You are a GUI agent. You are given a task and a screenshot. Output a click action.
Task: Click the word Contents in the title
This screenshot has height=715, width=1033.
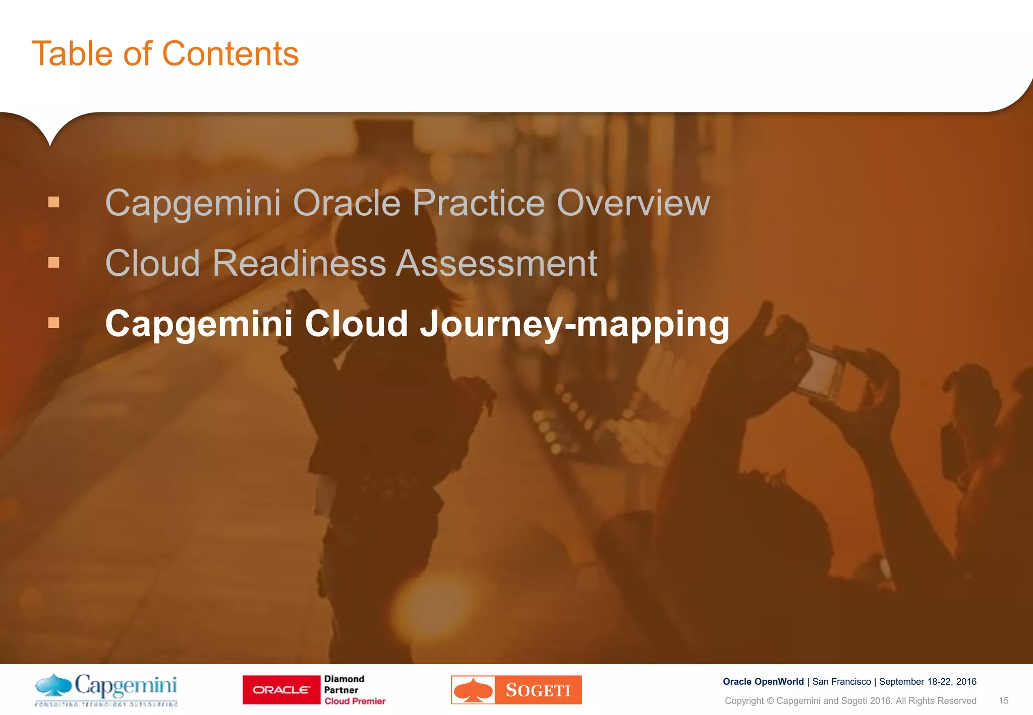click(x=231, y=54)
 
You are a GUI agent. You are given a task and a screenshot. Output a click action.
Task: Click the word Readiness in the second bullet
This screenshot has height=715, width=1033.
click(x=298, y=263)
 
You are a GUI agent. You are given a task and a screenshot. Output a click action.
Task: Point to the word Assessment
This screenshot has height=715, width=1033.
click(x=496, y=263)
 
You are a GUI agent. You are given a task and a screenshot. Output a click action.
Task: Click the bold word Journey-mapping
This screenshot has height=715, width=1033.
click(x=575, y=324)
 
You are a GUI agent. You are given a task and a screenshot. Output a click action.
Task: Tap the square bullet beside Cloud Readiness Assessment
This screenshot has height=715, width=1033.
click(x=54, y=263)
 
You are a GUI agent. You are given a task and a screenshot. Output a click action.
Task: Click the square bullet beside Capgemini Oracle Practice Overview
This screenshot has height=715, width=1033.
click(x=54, y=203)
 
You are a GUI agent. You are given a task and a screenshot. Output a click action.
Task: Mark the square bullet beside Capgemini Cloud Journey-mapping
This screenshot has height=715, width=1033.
click(x=54, y=323)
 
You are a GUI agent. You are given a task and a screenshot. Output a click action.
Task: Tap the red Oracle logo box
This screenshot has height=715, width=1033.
click(x=281, y=690)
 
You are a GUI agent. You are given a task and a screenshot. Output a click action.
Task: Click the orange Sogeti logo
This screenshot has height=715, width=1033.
click(x=516, y=690)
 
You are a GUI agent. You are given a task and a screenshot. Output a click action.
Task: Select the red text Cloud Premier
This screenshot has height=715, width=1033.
click(x=355, y=701)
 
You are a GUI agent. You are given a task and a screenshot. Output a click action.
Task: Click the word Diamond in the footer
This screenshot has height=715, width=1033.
click(x=344, y=679)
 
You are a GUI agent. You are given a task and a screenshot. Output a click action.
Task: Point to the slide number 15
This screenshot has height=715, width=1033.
click(x=1003, y=701)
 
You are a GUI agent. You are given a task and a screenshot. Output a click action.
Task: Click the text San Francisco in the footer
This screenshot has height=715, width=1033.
click(x=841, y=682)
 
